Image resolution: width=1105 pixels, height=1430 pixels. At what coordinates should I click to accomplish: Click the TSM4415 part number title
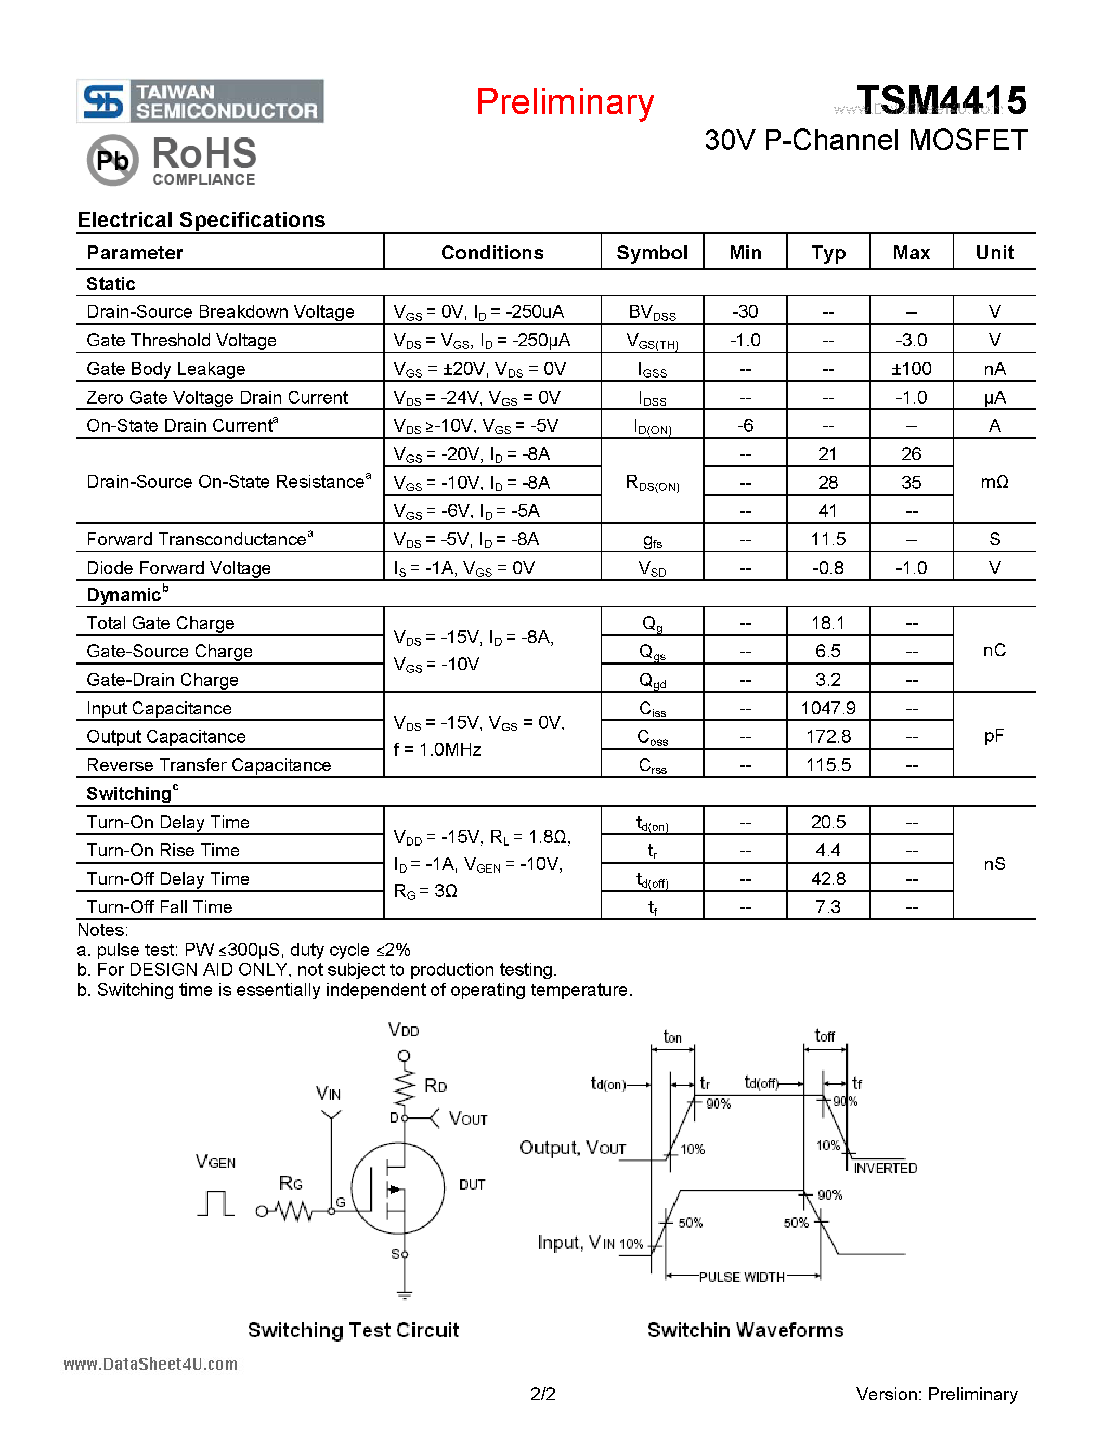tap(941, 100)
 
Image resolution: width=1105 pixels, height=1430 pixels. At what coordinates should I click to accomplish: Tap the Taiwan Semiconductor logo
tap(200, 101)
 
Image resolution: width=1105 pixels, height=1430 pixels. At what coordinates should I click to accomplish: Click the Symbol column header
tap(652, 253)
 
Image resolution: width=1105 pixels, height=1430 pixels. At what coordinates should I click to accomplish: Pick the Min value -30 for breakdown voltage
tap(745, 311)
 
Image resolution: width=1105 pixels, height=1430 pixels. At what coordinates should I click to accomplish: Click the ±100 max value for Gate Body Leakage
tap(911, 369)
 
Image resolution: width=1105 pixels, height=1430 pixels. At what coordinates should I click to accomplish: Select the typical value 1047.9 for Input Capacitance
tap(828, 708)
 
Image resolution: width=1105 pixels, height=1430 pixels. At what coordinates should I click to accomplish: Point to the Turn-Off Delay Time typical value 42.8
tap(828, 879)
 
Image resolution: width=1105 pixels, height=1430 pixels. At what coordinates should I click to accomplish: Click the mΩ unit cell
tap(994, 482)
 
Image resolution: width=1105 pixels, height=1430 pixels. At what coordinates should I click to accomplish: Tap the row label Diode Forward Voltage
tap(179, 568)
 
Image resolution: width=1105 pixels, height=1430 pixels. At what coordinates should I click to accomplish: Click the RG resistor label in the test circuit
tap(291, 1183)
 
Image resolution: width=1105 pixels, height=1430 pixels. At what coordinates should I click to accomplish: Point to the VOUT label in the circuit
tap(468, 1119)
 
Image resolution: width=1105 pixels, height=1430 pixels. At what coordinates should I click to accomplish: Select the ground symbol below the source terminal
tap(404, 1295)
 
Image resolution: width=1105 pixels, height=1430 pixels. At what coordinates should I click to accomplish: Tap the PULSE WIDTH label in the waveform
tap(742, 1277)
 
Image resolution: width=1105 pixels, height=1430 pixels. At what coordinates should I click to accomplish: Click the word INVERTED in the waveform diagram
tap(885, 1168)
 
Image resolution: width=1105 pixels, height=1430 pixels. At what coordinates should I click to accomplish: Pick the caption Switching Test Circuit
tap(353, 1330)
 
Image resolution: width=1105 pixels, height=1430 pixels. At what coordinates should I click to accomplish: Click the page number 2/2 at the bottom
tap(543, 1394)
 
